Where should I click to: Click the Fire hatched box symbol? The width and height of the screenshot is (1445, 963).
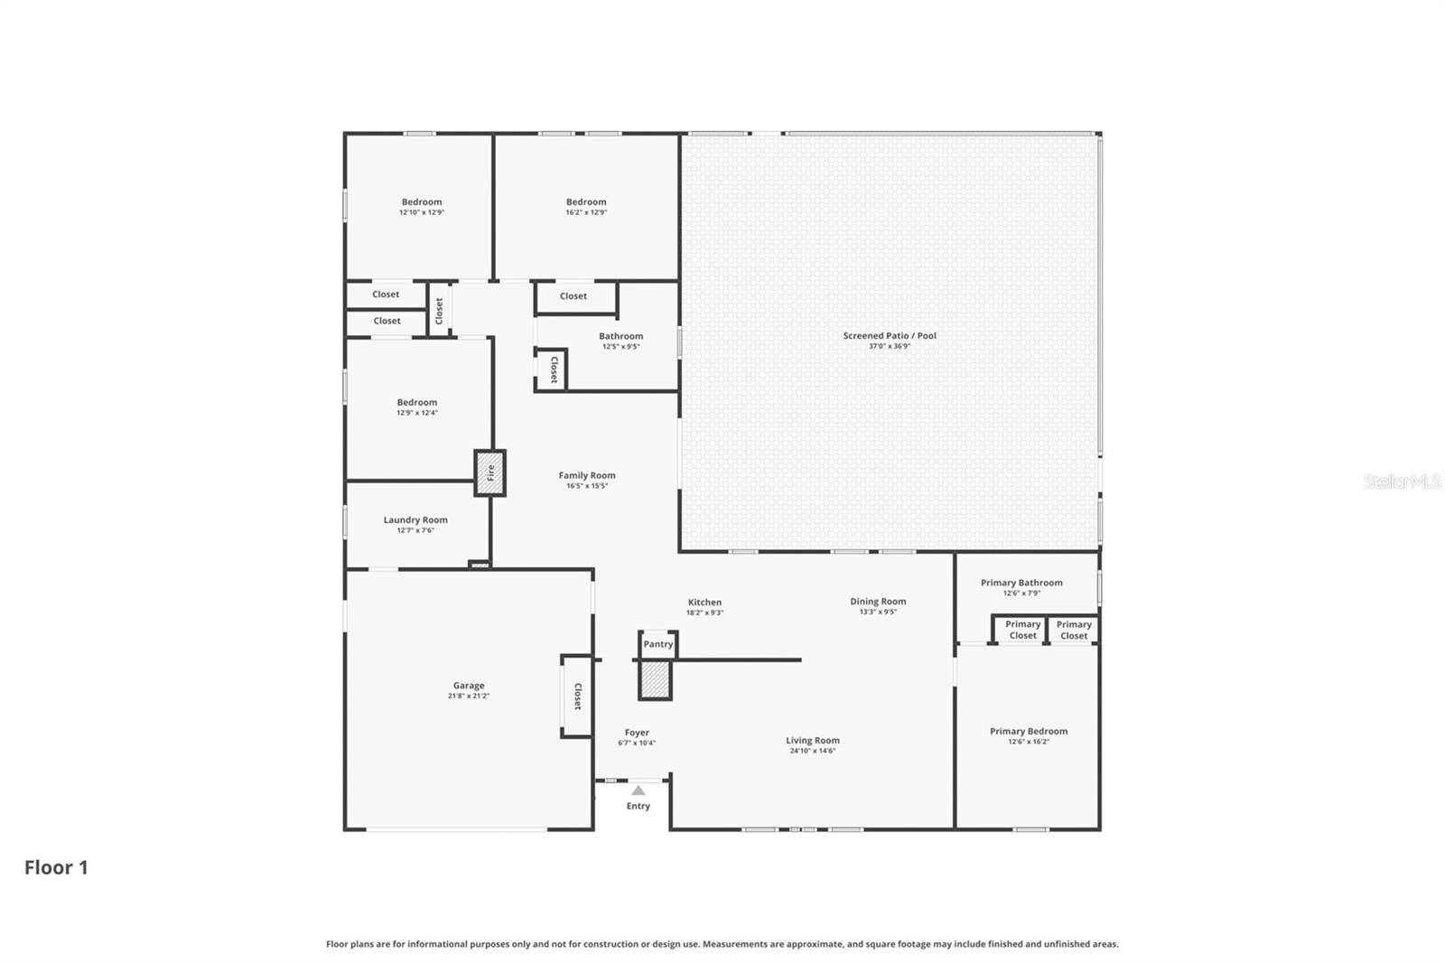490,472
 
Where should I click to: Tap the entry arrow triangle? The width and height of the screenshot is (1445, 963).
639,790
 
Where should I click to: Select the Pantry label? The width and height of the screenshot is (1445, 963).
657,644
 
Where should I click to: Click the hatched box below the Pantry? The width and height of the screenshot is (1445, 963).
656,679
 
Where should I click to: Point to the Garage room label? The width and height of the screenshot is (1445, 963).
469,686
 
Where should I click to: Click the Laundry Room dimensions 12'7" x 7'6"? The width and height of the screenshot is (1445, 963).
415,530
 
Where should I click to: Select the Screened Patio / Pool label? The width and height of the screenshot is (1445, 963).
890,335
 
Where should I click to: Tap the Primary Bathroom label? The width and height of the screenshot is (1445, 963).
1021,583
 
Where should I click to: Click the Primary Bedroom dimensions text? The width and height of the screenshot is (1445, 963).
1029,742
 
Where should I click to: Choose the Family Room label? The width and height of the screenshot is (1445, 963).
587,475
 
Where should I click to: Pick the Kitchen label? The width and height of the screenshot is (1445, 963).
704,602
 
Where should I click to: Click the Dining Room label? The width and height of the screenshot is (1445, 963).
878,601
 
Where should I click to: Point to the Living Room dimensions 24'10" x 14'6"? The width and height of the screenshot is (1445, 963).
813,751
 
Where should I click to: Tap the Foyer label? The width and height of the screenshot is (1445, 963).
637,733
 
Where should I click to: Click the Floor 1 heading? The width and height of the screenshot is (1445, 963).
56,867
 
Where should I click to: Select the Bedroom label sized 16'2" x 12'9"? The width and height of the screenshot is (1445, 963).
586,202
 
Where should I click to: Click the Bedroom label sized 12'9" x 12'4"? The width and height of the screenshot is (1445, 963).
417,402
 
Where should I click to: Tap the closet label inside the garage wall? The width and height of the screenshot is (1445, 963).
578,696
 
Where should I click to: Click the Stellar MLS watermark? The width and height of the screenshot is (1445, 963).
1402,481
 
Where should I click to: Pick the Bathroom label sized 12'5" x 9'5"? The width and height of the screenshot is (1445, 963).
620,336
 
